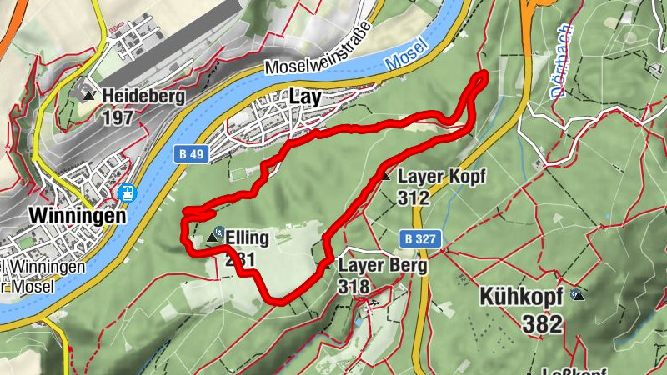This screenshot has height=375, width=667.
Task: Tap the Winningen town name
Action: pos(77,215)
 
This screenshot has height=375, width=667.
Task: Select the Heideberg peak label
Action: pos(143,97)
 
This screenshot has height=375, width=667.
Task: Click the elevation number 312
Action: pos(414,197)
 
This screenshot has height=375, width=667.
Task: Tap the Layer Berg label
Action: pos(383,266)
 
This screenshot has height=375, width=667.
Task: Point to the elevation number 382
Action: pos(544,324)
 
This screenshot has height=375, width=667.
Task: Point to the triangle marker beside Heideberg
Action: pos(89,96)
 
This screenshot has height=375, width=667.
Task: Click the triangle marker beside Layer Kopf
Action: pos(385,177)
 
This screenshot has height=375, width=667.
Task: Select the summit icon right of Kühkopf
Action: pos(577,294)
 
